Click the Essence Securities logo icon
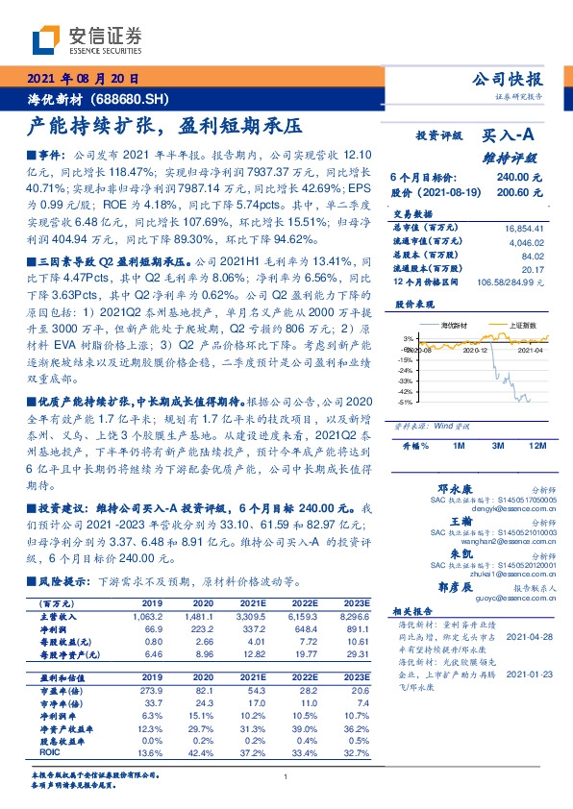[44, 40]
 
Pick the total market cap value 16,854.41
[524, 229]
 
